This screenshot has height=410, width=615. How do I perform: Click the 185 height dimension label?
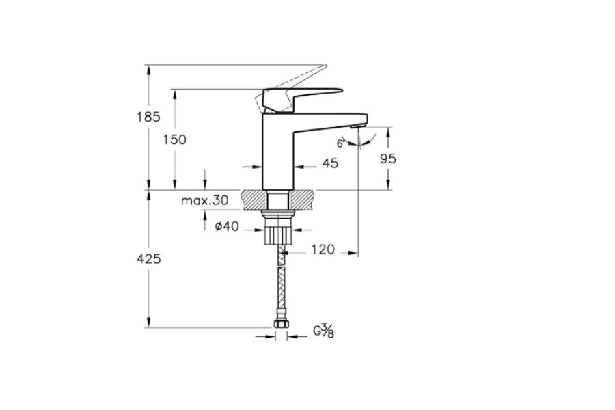pyautogui.click(x=149, y=117)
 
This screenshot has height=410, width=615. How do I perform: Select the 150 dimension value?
pyautogui.click(x=174, y=139)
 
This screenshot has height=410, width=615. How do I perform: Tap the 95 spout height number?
pyautogui.click(x=388, y=159)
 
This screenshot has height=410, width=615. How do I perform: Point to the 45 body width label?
pyautogui.click(x=330, y=163)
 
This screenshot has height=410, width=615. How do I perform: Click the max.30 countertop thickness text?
pyautogui.click(x=205, y=200)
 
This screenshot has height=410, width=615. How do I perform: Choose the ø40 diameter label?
pyautogui.click(x=227, y=226)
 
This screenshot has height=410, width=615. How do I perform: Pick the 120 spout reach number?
pyautogui.click(x=323, y=249)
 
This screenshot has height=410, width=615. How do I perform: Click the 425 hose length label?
pyautogui.click(x=149, y=258)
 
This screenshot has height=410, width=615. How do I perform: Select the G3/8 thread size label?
pyautogui.click(x=324, y=331)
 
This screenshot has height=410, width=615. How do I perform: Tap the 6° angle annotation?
pyautogui.click(x=340, y=143)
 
